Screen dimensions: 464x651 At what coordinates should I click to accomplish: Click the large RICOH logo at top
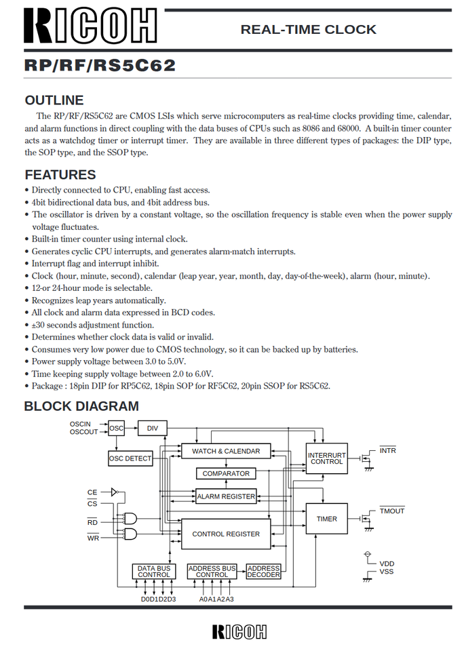90,26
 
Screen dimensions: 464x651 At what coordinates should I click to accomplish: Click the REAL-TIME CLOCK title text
308,29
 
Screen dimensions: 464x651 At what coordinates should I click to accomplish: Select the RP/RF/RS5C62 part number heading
100,66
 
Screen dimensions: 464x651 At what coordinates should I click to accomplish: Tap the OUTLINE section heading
54,100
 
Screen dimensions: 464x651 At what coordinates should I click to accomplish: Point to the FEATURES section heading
60,174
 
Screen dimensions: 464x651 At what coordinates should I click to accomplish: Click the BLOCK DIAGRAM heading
81,406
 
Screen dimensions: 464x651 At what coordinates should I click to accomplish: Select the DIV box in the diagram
153,428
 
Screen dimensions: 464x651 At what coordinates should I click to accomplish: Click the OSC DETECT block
130,458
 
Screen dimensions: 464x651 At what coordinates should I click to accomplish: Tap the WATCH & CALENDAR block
226,451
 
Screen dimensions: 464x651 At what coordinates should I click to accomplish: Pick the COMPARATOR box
226,473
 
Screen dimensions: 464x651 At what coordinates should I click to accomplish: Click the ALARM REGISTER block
226,496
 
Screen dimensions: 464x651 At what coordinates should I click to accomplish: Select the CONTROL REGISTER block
226,534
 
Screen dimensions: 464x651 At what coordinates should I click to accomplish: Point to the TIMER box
326,519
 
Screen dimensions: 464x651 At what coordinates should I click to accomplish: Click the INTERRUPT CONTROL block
326,458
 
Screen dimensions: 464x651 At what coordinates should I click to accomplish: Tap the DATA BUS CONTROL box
154,571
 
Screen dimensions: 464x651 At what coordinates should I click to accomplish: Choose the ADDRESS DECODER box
263,571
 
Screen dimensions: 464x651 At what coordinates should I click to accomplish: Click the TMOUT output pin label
391,511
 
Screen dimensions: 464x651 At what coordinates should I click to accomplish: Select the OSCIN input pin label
80,424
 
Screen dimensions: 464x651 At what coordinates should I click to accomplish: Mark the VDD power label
387,564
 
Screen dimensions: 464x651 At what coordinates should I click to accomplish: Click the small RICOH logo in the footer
239,631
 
